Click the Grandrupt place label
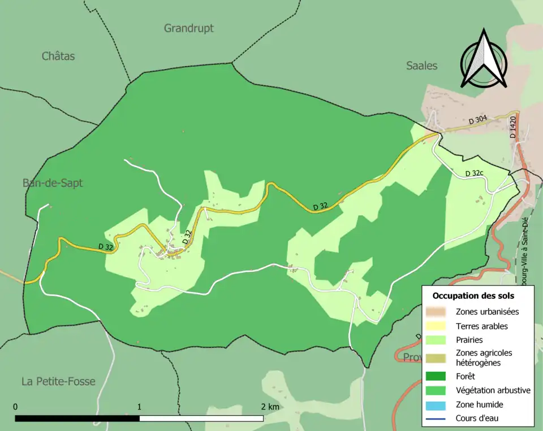click(x=189, y=28)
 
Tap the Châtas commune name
click(x=58, y=56)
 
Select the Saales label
click(x=422, y=66)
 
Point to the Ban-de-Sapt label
click(x=53, y=182)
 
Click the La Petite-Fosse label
click(x=58, y=381)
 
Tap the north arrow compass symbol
click(x=484, y=59)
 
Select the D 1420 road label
click(x=513, y=128)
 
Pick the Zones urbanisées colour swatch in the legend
click(x=437, y=311)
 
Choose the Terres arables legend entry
click(x=481, y=326)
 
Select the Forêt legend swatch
click(x=437, y=375)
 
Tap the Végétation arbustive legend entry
click(x=493, y=390)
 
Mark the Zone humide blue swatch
click(x=437, y=404)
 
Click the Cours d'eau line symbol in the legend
click(x=437, y=419)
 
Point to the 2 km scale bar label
click(x=270, y=407)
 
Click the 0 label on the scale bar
click(x=15, y=407)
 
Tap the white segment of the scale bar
click(x=201, y=419)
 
